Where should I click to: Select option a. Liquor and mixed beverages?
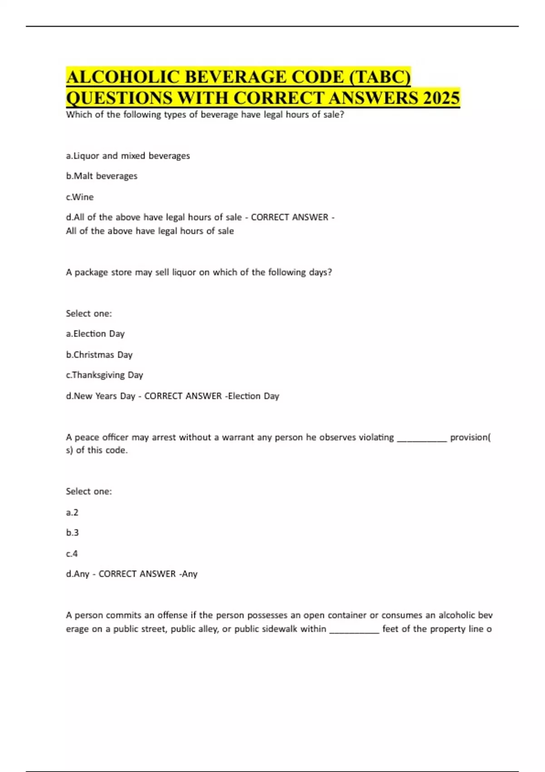coord(128,156)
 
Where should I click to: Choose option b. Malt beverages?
coord(101,176)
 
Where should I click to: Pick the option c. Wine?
coord(79,197)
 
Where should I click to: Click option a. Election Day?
coord(95,334)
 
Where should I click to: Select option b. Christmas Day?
coord(99,355)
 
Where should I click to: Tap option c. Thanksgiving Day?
coord(104,375)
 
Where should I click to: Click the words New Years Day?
coord(104,396)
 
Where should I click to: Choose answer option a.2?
coord(72,512)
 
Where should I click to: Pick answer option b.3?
coord(72,533)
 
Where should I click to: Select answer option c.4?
coord(72,554)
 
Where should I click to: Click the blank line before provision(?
coord(422,439)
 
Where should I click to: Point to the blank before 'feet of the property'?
coord(354,630)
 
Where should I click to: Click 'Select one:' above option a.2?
coord(89,491)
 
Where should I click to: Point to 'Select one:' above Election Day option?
coord(89,313)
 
